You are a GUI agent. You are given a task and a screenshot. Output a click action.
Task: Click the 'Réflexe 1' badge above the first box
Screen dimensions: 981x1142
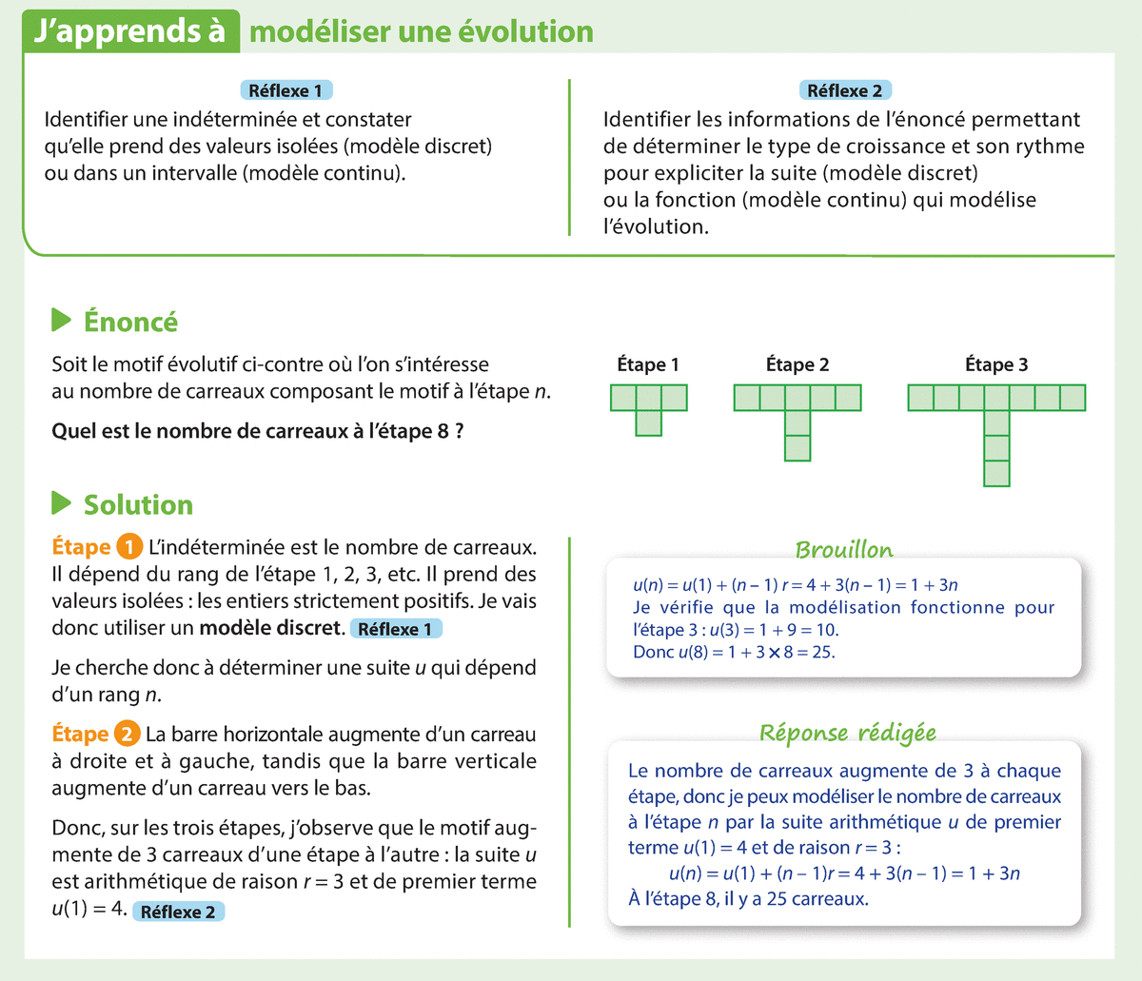coord(285,91)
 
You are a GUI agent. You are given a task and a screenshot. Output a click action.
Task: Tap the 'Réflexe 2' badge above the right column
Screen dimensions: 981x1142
coord(844,91)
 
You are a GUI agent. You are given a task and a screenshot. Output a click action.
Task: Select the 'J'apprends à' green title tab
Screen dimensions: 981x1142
coord(129,31)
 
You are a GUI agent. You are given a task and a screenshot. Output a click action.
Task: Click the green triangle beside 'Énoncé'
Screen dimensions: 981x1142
coord(62,321)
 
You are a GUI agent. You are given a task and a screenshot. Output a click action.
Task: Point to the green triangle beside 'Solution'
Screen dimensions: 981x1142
coord(62,503)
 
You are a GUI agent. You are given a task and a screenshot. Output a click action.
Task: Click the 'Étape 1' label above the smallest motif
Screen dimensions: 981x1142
coord(648,365)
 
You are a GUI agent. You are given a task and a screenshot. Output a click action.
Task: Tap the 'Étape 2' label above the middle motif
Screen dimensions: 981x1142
coord(797,365)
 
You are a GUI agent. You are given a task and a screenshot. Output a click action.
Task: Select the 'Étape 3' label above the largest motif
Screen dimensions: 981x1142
coord(996,365)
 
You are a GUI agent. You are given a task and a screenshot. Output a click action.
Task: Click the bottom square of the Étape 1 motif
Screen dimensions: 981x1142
coord(648,423)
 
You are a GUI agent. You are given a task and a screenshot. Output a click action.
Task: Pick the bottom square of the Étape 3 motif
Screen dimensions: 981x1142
coord(996,474)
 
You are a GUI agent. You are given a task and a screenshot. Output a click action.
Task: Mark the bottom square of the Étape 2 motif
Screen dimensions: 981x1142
coord(797,448)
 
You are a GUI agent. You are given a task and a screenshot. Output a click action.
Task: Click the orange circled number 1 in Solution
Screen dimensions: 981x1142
coord(128,547)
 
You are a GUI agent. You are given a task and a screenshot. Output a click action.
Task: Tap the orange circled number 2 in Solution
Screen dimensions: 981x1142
coord(127,735)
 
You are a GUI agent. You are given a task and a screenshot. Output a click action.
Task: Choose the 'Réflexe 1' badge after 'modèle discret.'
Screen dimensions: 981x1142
coord(396,629)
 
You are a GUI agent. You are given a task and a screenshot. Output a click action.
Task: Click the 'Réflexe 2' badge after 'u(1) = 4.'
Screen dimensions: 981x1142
coord(178,912)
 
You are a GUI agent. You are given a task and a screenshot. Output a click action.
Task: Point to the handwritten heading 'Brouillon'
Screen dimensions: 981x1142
coord(844,550)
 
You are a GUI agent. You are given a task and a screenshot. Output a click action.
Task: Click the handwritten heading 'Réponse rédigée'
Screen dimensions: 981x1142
coord(847,733)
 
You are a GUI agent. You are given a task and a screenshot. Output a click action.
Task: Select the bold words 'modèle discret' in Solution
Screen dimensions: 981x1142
coord(270,628)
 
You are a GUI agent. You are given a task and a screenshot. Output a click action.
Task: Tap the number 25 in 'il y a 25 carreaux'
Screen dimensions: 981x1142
coord(777,899)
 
